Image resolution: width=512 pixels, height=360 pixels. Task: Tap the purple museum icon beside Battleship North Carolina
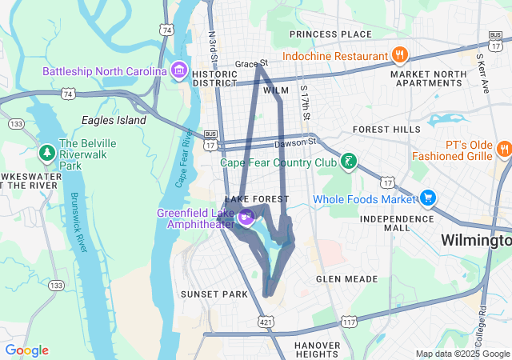tap(178, 72)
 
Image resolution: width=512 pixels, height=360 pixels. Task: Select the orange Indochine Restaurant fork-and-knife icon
tap(399, 55)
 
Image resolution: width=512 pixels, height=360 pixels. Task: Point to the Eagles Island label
tap(114, 120)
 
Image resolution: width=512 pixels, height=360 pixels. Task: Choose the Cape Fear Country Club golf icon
tap(348, 162)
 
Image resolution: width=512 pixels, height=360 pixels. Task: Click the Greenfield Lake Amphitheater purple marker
tap(246, 214)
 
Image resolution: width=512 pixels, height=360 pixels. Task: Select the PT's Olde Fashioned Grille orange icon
tap(504, 149)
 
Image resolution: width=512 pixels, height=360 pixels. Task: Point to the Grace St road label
tap(251, 62)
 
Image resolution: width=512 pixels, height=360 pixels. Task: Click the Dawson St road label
tap(295, 144)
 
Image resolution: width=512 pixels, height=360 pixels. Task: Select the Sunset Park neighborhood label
tap(214, 294)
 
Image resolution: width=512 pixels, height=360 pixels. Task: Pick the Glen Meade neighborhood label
tap(346, 279)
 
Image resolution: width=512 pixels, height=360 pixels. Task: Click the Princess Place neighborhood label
tap(330, 34)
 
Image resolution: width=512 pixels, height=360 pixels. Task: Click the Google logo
tap(26, 350)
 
